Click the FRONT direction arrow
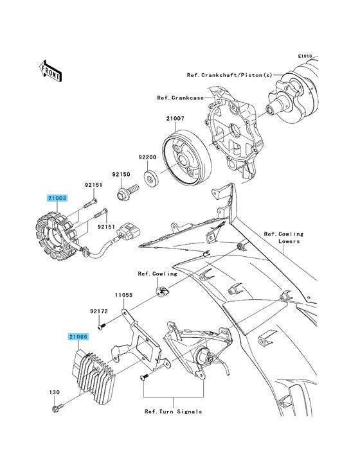pyautogui.click(x=50, y=71)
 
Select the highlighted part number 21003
pyautogui.click(x=57, y=198)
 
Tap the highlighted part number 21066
pyautogui.click(x=78, y=336)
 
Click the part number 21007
pyautogui.click(x=175, y=119)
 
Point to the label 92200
pyautogui.click(x=147, y=157)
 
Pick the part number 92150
pyautogui.click(x=122, y=174)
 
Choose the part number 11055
pyautogui.click(x=123, y=295)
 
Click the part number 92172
pyautogui.click(x=99, y=312)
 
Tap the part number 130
pyautogui.click(x=54, y=392)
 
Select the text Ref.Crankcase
pyautogui.click(x=180, y=98)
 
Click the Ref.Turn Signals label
pyautogui.click(x=173, y=412)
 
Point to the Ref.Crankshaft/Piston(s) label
pyautogui.click(x=230, y=75)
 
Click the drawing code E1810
pyautogui.click(x=305, y=56)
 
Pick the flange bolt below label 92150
pyautogui.click(x=128, y=192)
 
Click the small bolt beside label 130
pyautogui.click(x=58, y=407)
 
